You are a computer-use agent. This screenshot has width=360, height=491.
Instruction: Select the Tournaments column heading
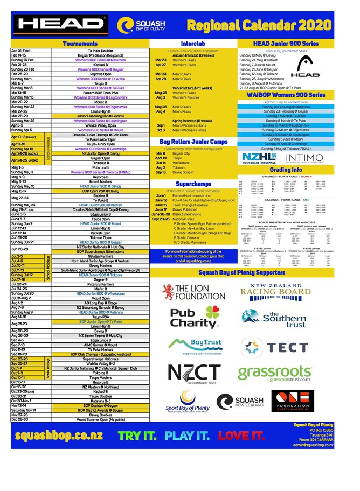pos(80,44)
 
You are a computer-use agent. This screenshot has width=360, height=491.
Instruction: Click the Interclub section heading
pos(192,43)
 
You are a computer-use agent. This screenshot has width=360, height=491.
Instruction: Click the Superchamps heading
pos(192,184)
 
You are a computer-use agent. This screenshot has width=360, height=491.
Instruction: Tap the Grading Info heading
pos(286,169)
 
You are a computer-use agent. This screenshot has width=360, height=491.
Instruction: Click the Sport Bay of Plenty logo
pos(187,402)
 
